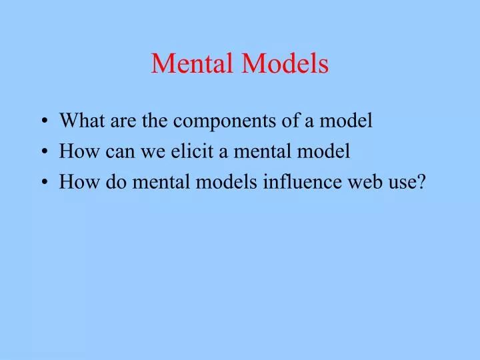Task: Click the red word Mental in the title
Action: pyautogui.click(x=193, y=64)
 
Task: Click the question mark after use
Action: pyautogui.click(x=420, y=183)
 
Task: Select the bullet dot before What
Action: pyautogui.click(x=44, y=122)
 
